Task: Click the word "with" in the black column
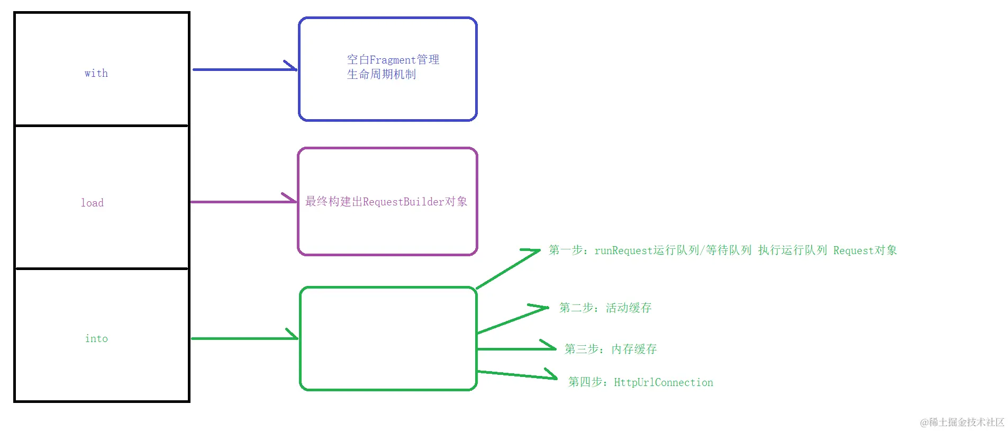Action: point(96,73)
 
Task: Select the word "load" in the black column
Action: point(92,203)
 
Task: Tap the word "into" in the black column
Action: point(96,338)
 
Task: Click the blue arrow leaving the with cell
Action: point(243,69)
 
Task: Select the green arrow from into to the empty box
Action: point(243,338)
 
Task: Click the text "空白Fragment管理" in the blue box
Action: point(393,60)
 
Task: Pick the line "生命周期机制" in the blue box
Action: point(382,75)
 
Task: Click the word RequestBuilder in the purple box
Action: point(403,202)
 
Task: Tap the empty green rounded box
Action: point(388,339)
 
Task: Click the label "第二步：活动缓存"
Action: point(605,308)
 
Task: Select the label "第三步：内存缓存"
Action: point(611,349)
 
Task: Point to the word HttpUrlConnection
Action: point(664,382)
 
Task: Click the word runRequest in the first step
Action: point(624,250)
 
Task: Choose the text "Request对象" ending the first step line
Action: point(865,250)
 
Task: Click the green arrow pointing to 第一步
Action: point(508,269)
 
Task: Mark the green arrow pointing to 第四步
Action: point(516,375)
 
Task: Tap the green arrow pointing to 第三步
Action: point(516,349)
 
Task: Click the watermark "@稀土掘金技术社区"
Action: point(962,422)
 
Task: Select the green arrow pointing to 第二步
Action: point(512,320)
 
